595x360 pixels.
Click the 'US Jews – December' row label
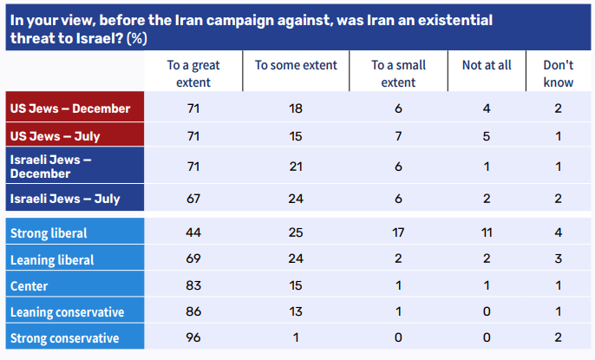point(69,108)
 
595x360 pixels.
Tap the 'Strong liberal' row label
point(49,233)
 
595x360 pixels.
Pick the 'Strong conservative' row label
point(64,337)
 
